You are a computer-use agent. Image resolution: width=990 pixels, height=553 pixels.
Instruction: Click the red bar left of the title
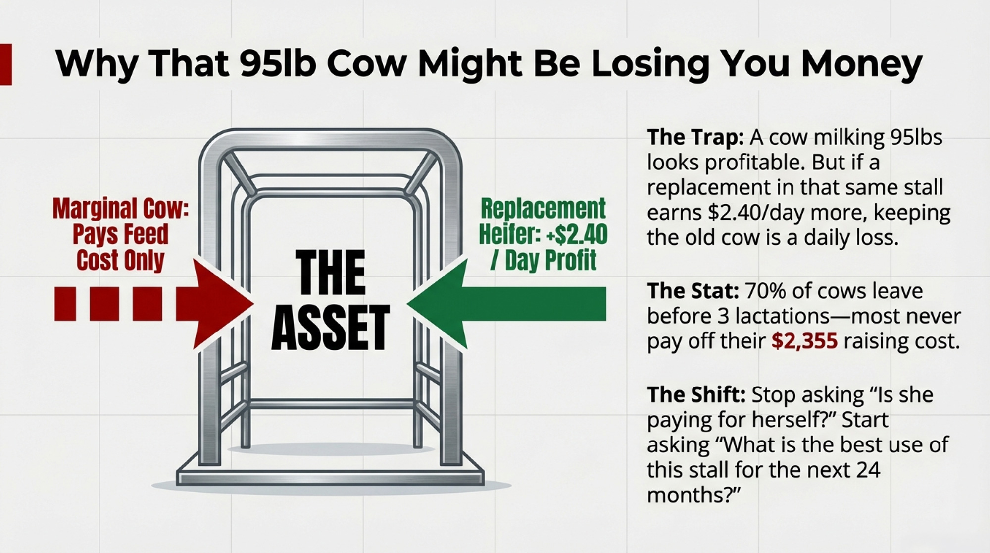pos(6,64)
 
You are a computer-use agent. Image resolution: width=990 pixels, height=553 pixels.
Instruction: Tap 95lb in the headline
pos(278,63)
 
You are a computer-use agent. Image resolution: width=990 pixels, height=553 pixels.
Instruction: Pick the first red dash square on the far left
pos(65,303)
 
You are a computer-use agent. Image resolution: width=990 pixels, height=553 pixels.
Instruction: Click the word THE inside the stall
pos(331,272)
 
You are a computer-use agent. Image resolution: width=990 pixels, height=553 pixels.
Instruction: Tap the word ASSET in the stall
pos(331,328)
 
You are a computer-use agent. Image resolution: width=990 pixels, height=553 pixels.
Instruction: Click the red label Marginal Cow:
pos(121,208)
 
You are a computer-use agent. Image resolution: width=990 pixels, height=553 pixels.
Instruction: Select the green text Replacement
pos(544,208)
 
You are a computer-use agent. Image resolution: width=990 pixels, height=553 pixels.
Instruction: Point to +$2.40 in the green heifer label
pos(577,234)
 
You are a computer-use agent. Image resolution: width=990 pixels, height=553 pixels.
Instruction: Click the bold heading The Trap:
pos(695,137)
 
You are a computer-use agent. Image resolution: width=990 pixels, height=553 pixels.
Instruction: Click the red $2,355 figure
pos(804,341)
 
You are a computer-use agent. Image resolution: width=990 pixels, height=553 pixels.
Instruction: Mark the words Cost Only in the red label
pos(120,260)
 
